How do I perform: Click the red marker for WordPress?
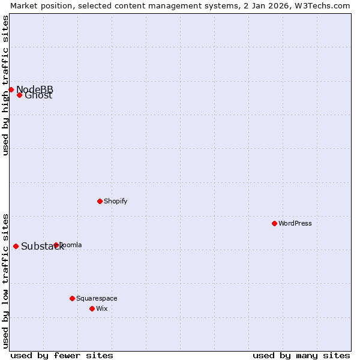274,223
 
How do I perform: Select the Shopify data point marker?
100,201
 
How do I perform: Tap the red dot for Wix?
92,308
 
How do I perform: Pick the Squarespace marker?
72,298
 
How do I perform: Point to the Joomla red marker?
56,245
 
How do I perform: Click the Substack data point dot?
16,246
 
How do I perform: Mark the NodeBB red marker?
11,89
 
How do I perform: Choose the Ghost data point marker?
19,95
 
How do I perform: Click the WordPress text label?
295,223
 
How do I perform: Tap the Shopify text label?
115,201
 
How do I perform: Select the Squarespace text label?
97,298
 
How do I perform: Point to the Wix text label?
102,308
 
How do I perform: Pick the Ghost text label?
38,95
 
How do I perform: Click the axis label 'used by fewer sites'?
62,355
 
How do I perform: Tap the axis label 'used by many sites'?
301,355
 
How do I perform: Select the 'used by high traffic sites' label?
5,85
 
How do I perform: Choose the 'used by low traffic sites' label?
5,281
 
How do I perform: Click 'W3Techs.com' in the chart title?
324,5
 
